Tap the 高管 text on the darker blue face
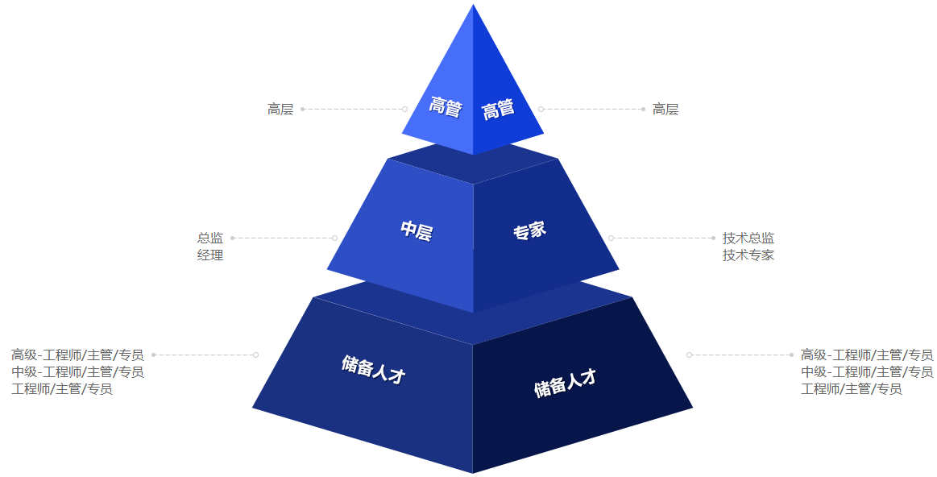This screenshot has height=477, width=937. point(499,109)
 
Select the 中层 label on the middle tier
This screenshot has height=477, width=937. point(417,230)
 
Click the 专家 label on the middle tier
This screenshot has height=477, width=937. point(529,230)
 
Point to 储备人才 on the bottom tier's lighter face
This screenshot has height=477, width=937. point(374,369)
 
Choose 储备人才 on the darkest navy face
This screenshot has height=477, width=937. point(566,384)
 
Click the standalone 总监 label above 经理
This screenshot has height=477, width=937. point(210,238)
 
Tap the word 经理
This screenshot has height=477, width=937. point(210,255)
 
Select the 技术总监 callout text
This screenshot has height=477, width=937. point(748,238)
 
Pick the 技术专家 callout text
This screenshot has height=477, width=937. point(748,255)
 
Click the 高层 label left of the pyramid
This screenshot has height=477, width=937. point(280,110)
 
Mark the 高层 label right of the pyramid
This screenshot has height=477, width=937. point(665,110)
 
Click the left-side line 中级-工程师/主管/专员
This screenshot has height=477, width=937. point(77,371)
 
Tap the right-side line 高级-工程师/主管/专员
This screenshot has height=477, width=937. point(867,355)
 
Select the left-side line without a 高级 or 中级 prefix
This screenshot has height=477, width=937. point(62,388)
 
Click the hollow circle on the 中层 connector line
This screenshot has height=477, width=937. point(334,238)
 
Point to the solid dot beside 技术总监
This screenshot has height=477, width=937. point(713,238)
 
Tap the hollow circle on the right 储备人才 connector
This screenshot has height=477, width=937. point(689,355)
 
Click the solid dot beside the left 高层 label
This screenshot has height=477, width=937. point(302,110)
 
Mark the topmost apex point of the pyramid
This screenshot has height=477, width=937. point(473,5)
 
